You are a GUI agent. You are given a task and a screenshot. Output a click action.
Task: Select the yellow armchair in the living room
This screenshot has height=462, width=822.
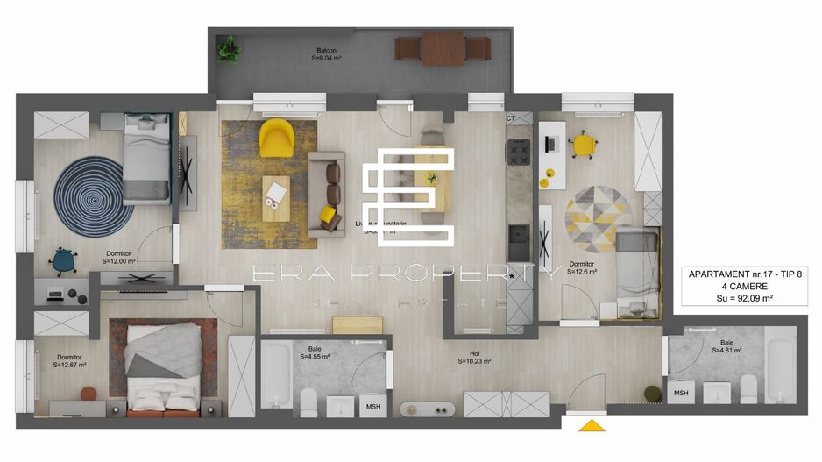(x=277, y=137)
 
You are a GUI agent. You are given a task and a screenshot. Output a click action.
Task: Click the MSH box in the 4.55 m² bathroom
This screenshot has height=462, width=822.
(x=373, y=407)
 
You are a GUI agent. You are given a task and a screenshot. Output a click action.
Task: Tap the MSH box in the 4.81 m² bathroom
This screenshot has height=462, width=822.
(x=681, y=394)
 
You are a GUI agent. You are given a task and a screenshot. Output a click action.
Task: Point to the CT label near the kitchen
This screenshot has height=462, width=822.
(x=511, y=118)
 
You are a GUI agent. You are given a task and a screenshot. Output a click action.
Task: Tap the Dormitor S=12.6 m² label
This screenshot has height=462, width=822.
(x=582, y=268)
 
